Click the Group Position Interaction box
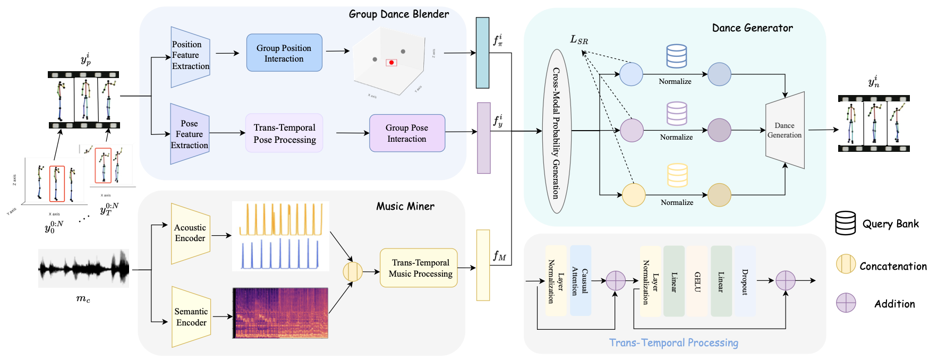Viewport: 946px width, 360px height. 284,53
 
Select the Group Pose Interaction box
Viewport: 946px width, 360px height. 407,133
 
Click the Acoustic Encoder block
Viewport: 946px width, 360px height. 190,233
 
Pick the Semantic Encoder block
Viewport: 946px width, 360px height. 191,317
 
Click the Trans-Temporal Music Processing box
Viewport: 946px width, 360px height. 419,268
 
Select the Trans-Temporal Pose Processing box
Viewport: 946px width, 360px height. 285,133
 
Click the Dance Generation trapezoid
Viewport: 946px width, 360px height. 785,131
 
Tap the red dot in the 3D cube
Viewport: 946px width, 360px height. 391,63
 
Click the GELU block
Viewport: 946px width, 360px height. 697,281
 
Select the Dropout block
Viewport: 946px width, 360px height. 745,281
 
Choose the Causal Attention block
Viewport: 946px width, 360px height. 580,281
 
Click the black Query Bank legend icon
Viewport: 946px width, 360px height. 845,223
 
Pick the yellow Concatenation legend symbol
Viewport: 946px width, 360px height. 846,264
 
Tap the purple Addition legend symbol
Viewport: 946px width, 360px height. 846,303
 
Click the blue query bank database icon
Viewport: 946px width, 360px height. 676,56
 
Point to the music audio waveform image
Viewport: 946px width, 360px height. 83,269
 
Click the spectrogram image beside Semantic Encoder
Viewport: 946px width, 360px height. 280,313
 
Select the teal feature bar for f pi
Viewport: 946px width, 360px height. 482,53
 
